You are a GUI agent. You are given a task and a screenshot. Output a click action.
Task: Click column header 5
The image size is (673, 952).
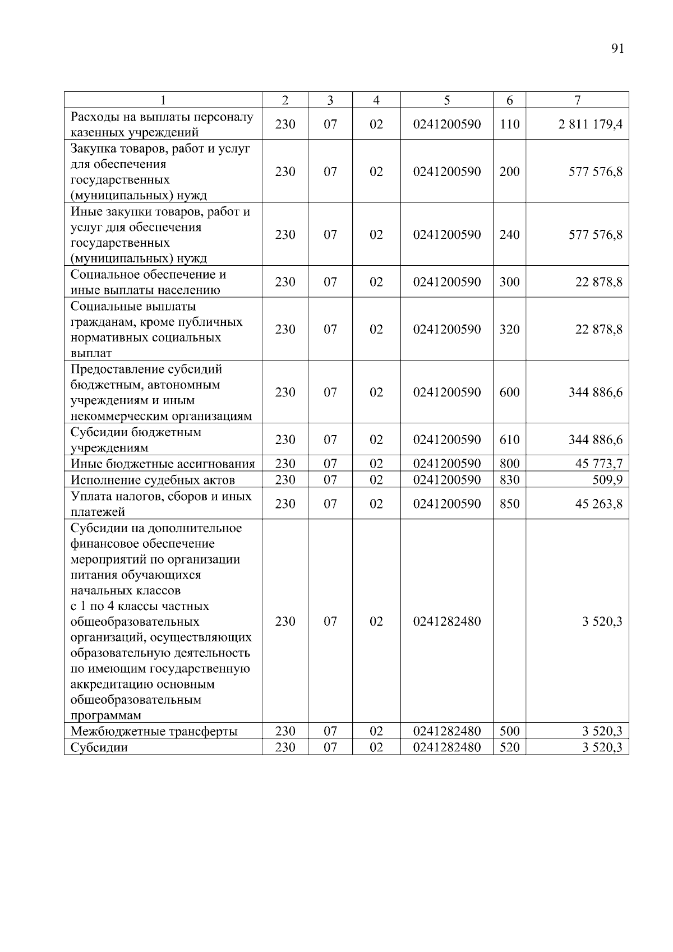tap(446, 100)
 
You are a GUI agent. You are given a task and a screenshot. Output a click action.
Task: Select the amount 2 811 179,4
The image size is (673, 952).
tap(590, 124)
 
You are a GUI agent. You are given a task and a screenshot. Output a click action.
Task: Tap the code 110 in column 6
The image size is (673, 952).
tap(509, 124)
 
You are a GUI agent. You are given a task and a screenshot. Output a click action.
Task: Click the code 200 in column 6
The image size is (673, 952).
tap(509, 172)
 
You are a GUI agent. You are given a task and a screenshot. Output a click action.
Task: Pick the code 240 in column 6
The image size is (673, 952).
tap(509, 234)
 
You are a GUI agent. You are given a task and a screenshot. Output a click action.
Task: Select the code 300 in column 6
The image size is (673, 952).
tap(509, 282)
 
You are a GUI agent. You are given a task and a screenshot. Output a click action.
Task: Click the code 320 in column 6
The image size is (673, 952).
tap(509, 329)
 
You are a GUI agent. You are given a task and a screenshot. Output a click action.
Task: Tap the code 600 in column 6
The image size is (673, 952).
tap(509, 392)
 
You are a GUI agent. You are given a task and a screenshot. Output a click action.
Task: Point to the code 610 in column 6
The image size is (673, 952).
tap(509, 440)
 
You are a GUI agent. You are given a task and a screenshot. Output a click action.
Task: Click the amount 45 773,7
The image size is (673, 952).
tap(598, 464)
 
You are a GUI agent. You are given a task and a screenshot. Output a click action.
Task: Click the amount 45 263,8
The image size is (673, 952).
tap(598, 503)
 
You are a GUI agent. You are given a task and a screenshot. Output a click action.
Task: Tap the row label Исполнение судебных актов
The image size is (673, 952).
tap(153, 480)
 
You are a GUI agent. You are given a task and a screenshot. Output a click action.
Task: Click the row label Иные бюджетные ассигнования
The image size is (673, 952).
tap(163, 464)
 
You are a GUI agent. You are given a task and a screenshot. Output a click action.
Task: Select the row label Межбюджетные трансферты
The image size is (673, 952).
tap(154, 731)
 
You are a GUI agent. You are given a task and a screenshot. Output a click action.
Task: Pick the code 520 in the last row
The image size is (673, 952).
tap(509, 747)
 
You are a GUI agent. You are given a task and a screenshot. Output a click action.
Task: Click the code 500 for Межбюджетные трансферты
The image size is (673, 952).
tap(509, 731)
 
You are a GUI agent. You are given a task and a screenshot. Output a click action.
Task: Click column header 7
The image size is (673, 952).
tap(577, 100)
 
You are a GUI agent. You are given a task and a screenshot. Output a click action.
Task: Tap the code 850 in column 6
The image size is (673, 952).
tap(509, 503)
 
